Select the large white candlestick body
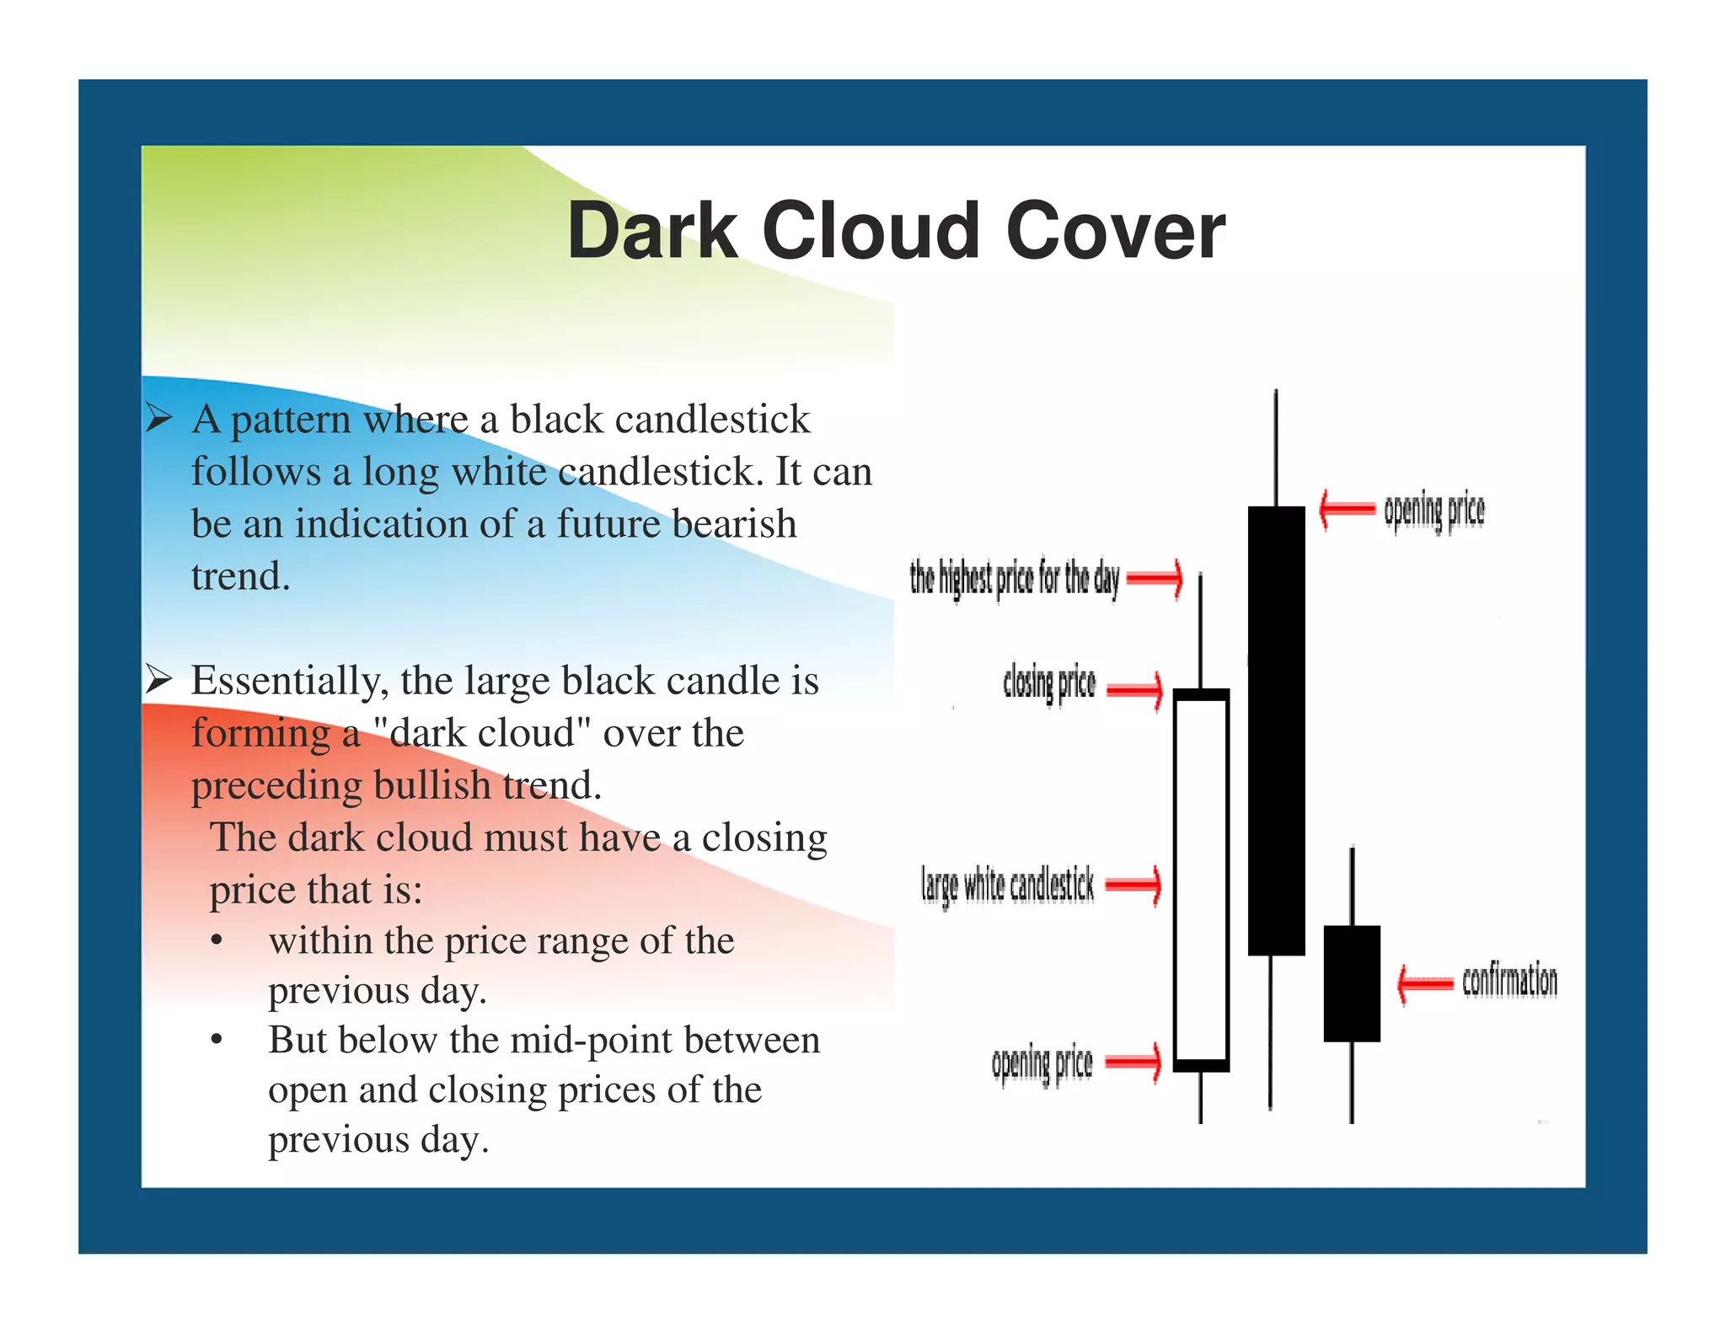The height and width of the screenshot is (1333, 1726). click(1201, 880)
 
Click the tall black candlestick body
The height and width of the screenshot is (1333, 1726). click(1276, 730)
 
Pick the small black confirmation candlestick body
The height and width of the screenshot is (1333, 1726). click(1352, 983)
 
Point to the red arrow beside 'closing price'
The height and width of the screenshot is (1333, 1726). click(1134, 691)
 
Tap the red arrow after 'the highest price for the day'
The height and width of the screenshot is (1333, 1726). click(1155, 578)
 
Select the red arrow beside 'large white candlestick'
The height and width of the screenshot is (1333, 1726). click(1134, 885)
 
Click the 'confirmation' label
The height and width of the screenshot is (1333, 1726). click(1509, 981)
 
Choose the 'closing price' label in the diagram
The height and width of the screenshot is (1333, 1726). click(1049, 683)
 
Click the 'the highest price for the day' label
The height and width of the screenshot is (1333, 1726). click(1014, 579)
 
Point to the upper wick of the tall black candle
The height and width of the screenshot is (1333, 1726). click(1276, 447)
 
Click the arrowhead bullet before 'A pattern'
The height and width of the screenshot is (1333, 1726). click(158, 418)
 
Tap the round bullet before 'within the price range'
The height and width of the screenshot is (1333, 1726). click(217, 940)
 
